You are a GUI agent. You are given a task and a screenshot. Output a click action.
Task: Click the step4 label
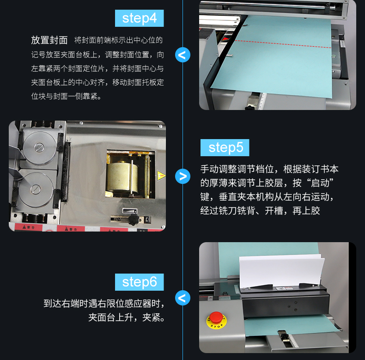(139, 18)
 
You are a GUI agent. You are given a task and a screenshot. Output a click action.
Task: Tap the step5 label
(225, 147)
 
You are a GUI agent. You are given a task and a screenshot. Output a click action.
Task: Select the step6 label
(139, 282)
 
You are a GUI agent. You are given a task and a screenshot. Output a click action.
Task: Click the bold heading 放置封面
(49, 40)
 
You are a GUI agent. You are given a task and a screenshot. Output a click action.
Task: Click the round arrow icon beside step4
(183, 55)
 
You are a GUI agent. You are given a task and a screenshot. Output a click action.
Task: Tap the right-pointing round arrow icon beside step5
(183, 176)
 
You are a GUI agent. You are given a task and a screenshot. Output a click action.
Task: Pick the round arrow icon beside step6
(183, 298)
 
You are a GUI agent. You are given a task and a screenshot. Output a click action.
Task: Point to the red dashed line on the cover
(283, 44)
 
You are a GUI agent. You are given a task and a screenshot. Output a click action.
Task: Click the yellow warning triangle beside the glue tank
(161, 176)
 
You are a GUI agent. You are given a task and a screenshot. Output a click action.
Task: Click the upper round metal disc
(40, 147)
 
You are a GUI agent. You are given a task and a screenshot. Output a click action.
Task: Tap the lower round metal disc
(36, 189)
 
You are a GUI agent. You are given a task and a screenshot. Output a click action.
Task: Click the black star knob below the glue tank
(134, 220)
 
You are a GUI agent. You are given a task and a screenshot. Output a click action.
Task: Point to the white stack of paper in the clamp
(282, 271)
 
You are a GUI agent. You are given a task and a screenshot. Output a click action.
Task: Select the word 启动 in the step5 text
(320, 183)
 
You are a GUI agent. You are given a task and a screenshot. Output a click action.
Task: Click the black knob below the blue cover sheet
(250, 108)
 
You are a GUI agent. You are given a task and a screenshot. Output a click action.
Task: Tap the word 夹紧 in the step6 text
(151, 317)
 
